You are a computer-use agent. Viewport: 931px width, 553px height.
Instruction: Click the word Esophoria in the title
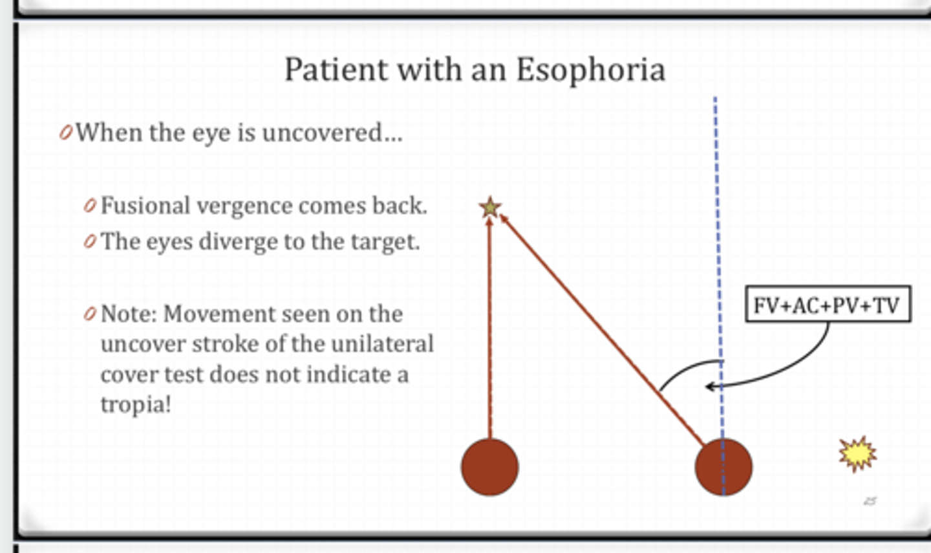coord(590,69)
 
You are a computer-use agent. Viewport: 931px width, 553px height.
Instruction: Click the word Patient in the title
coord(336,69)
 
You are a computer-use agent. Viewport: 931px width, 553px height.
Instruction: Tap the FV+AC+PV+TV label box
coord(828,304)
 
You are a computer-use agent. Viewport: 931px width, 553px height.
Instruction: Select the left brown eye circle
coord(489,467)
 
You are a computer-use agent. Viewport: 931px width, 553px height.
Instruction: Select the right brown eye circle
coord(723,467)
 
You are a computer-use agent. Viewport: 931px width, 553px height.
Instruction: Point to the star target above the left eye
coord(490,208)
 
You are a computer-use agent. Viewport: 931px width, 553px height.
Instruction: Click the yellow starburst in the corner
coord(857,454)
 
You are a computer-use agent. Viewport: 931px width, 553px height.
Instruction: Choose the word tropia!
coord(136,404)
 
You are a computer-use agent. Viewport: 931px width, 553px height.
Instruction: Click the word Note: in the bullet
coord(129,314)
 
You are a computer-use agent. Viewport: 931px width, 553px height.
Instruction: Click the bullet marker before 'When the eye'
coord(65,133)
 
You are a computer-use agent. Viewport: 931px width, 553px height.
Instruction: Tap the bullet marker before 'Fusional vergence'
coord(90,206)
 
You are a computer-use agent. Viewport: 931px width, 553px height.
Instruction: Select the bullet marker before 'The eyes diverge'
coord(90,242)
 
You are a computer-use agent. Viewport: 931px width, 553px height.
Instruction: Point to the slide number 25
coord(870,501)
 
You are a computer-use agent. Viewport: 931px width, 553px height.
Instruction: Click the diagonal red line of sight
coord(601,330)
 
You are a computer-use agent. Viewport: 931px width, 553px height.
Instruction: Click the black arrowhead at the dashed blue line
coord(710,387)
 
